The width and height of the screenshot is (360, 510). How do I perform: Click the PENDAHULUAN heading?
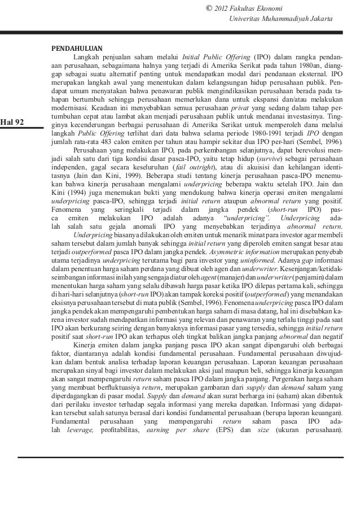[x=77, y=47]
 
